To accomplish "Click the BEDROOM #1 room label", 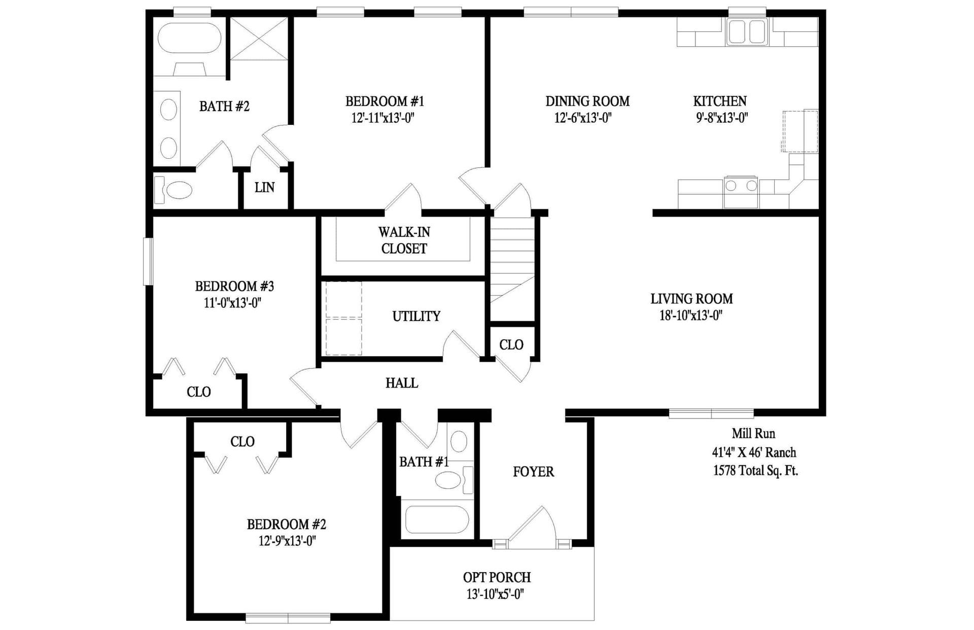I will [385, 101].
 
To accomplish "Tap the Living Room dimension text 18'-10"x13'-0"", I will [691, 316].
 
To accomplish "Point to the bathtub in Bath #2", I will [189, 38].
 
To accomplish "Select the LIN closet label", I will [264, 188].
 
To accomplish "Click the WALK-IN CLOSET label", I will [404, 240].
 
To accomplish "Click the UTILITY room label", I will [416, 316].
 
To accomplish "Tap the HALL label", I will [402, 383].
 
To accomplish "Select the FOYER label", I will [533, 472].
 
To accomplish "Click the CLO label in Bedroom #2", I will [242, 442].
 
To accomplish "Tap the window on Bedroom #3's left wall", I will [148, 261].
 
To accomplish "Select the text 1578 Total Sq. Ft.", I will [755, 471].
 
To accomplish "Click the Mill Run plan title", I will [753, 434].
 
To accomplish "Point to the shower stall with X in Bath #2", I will [259, 39].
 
